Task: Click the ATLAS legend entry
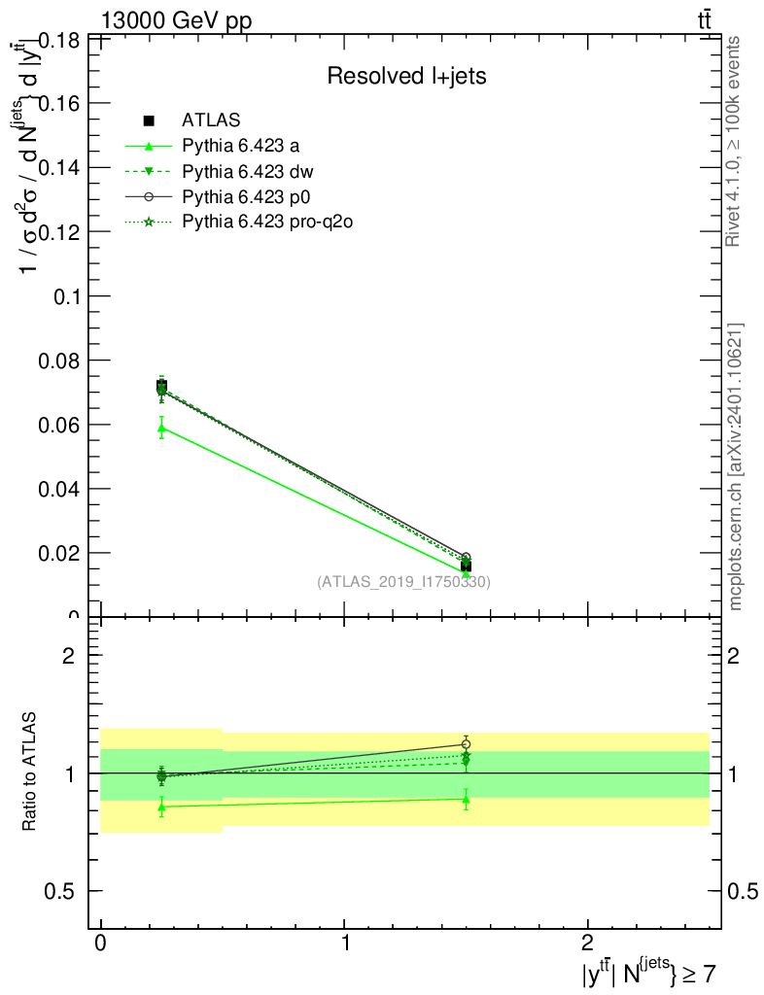pos(211,120)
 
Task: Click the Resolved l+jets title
pos(406,76)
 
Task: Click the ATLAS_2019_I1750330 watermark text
pos(403,582)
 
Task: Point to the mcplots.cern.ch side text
pos(736,466)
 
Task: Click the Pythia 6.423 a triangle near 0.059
pos(161,428)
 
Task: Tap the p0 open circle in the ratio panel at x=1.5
pos(467,744)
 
